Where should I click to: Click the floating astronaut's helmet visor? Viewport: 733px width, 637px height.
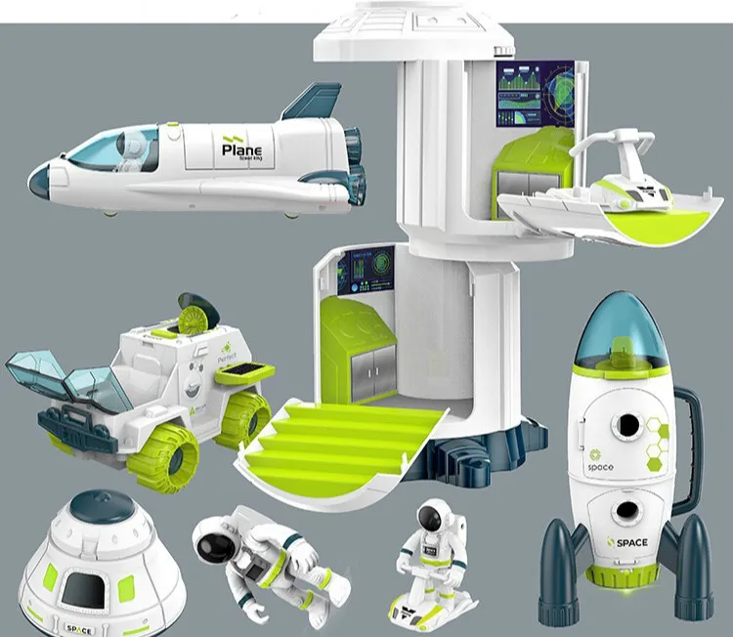(214, 535)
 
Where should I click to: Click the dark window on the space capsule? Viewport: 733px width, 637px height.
(77, 592)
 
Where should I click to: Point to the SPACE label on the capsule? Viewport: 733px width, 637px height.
(78, 627)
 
